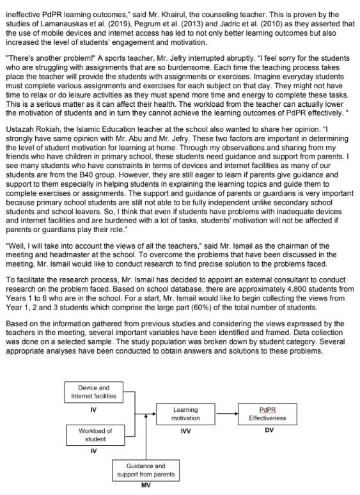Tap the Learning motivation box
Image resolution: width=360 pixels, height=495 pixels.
pos(185,414)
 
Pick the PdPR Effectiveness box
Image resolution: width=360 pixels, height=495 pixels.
pos(268,414)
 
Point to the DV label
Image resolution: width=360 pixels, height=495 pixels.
pos(269,430)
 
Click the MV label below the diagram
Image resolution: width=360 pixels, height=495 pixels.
pos(145,486)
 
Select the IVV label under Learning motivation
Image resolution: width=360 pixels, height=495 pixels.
pos(186,430)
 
